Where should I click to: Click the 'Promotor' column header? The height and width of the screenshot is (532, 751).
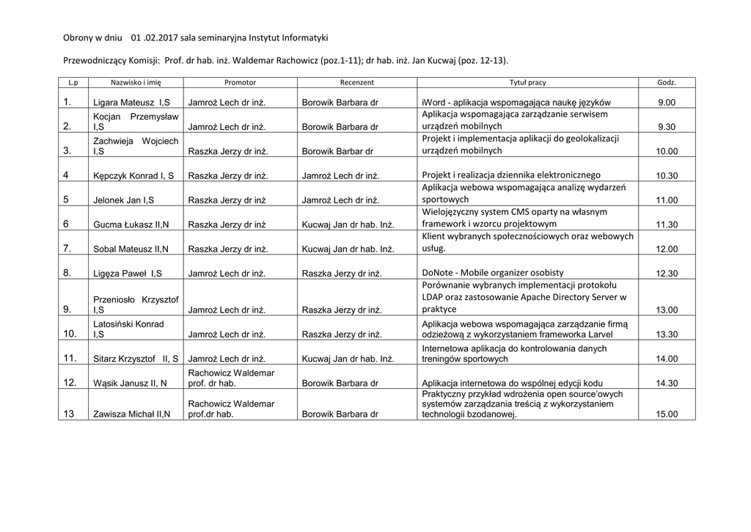coord(240,83)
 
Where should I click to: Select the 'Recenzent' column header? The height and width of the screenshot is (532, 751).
coord(356,83)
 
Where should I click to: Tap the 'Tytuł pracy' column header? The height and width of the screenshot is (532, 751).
coord(527,83)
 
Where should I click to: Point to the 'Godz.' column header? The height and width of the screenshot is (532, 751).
coord(667,83)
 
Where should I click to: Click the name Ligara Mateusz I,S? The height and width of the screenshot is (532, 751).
coord(132,103)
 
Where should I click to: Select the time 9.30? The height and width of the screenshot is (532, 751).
coord(666,127)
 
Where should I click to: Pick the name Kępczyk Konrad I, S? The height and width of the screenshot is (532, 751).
coord(133,175)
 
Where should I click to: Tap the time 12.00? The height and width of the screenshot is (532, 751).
coord(667,249)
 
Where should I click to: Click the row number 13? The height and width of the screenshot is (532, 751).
coord(69,414)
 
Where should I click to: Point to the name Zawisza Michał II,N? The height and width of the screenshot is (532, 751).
coord(132,414)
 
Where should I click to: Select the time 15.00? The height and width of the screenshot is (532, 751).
coord(667,414)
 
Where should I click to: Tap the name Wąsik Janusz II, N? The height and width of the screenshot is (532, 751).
coord(131,383)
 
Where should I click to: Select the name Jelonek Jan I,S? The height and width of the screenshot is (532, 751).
coord(123,200)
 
